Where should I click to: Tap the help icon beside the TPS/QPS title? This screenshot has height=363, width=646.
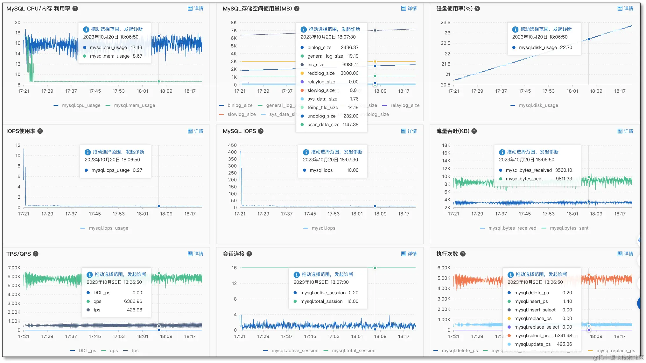click(x=36, y=254)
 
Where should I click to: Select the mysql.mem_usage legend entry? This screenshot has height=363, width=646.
click(x=134, y=105)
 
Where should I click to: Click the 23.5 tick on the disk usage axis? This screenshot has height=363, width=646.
click(x=445, y=23)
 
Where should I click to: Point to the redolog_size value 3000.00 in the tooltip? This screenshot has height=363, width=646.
click(x=349, y=73)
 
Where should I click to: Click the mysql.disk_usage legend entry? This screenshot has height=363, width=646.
click(x=538, y=105)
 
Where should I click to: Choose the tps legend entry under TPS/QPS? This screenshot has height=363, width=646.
click(x=135, y=351)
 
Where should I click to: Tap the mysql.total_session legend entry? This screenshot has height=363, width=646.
click(x=353, y=351)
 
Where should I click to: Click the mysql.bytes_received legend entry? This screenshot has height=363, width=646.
click(x=512, y=228)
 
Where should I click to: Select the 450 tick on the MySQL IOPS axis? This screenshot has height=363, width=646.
click(x=232, y=145)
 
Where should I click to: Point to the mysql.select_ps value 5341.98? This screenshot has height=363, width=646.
click(x=563, y=336)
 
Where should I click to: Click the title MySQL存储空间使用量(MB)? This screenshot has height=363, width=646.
click(x=257, y=9)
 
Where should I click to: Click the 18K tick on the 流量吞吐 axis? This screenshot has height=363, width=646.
click(x=446, y=145)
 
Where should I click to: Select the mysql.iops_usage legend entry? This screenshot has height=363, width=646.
click(x=108, y=228)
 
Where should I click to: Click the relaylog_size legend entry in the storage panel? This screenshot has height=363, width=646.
click(x=405, y=105)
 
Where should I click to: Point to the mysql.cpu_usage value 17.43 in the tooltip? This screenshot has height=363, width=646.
click(x=136, y=47)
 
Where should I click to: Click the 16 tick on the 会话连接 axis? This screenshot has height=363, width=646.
click(x=234, y=268)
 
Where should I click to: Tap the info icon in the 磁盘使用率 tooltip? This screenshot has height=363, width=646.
click(x=515, y=29)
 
